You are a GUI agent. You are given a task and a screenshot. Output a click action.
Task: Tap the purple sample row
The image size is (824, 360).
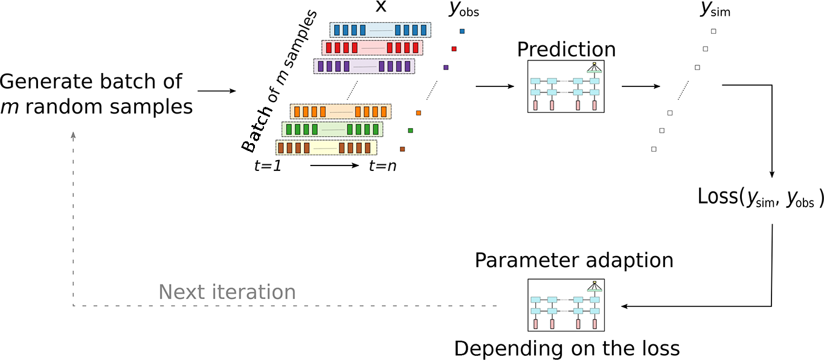(x=364, y=66)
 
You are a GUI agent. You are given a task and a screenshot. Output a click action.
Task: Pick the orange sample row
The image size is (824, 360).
(x=340, y=112)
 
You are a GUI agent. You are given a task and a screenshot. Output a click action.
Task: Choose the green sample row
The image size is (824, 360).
(x=332, y=130)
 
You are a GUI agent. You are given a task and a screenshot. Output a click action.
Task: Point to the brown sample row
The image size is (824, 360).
(x=326, y=148)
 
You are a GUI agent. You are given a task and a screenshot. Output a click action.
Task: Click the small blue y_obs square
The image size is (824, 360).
(x=462, y=31)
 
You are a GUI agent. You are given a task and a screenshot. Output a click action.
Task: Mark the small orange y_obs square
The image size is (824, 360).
(x=418, y=112)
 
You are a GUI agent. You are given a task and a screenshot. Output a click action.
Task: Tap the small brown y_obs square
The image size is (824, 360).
(x=402, y=149)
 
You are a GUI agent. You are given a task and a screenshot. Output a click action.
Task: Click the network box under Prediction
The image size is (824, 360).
(x=565, y=87)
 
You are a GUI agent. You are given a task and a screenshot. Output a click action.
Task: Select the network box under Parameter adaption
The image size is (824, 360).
(x=565, y=306)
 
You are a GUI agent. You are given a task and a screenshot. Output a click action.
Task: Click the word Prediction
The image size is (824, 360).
(x=566, y=50)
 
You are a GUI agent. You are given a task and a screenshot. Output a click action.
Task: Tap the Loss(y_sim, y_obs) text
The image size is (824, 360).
(x=761, y=199)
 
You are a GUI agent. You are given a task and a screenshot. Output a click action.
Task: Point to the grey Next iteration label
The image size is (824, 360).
(x=227, y=292)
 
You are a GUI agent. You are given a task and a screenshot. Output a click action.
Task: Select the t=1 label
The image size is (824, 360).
(x=268, y=166)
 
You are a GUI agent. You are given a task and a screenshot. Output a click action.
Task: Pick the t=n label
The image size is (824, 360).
(x=382, y=166)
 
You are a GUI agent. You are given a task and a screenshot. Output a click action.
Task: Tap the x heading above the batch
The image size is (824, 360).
(x=381, y=7)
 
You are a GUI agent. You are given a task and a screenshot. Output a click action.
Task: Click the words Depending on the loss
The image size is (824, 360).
(x=567, y=349)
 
